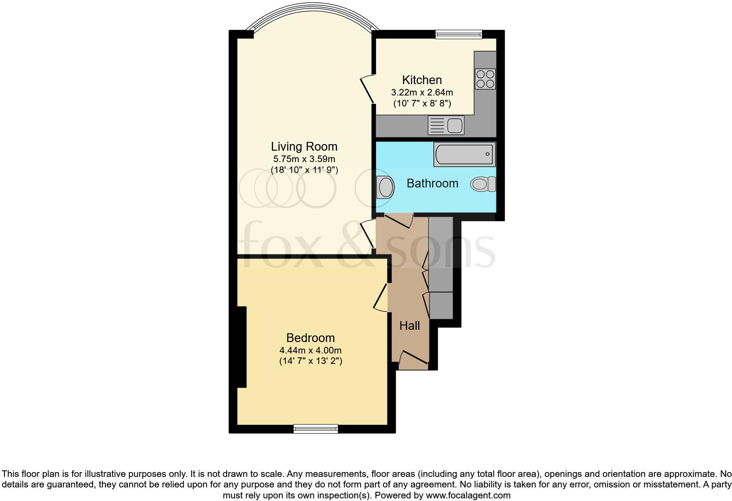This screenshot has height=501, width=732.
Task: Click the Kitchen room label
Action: coord(422,80)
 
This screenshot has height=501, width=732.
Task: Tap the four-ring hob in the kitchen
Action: coord(485,79)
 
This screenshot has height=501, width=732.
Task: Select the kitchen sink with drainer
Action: coord(446,126)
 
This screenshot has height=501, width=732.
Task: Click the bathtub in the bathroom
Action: coord(465,155)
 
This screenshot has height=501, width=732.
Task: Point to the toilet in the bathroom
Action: coord(483,184)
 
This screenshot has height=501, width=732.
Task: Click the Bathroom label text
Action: coord(432,183)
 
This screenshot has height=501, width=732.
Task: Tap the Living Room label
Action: coord(304,147)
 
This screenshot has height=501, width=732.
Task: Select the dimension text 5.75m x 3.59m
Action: coord(304,159)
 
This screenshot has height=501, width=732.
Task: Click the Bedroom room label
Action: coord(310,338)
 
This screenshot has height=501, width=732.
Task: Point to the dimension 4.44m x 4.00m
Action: coord(310,350)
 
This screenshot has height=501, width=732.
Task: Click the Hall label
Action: coord(409,326)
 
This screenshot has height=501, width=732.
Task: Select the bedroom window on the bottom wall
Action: coord(316,428)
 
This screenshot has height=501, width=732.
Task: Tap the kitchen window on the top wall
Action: coord(458,34)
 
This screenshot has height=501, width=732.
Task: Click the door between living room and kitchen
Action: coord(367,90)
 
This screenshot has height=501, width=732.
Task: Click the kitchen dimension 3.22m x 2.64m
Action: coord(422,93)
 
